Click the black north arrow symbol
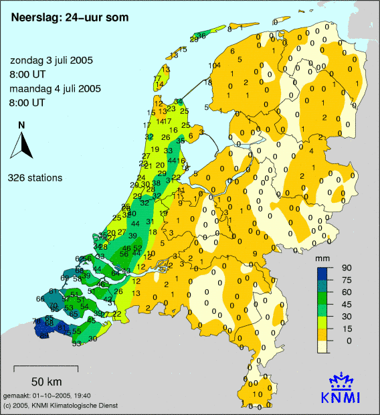(x=22, y=144)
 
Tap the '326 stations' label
(x=35, y=178)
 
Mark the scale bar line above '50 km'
(x=45, y=367)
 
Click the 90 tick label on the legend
(x=347, y=268)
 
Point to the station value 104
(x=214, y=65)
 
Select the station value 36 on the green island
(x=202, y=35)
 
